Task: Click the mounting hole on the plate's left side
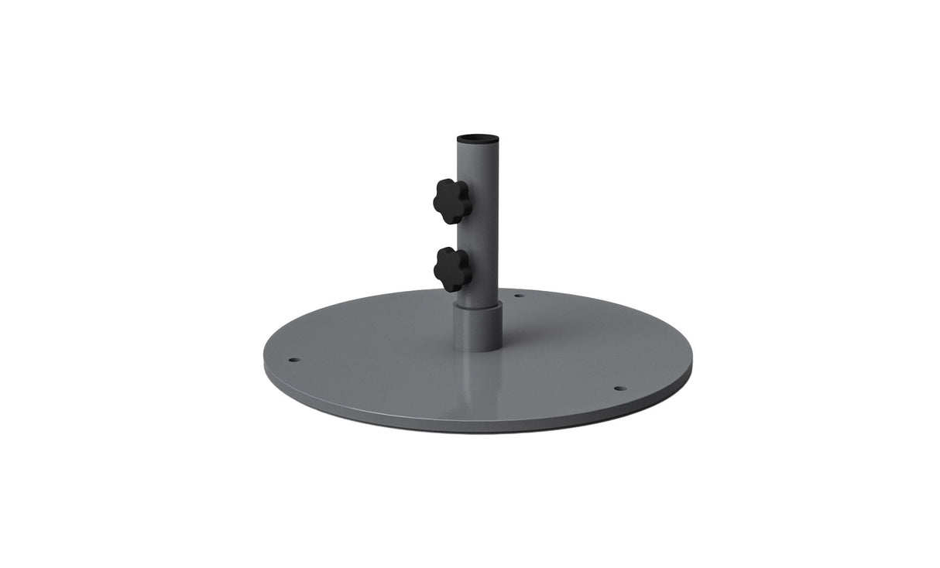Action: [x=293, y=360]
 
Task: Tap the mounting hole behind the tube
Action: [x=519, y=295]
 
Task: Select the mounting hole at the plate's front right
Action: [x=619, y=388]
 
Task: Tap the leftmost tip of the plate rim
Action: [x=264, y=364]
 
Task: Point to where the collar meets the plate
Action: [x=478, y=350]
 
